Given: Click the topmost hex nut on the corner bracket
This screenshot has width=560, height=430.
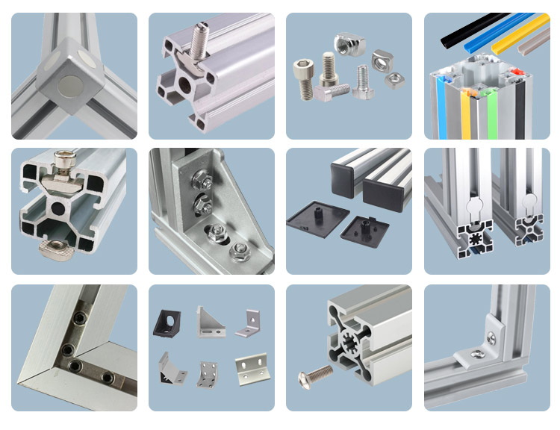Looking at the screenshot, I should (199, 179).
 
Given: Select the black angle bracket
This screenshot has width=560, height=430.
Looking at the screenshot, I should (167, 321).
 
